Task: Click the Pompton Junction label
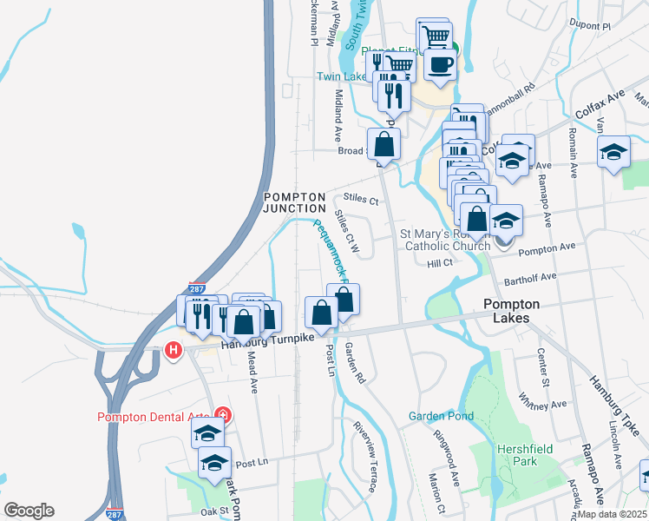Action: click(294, 202)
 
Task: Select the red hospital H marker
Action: click(173, 351)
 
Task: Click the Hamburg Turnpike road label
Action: click(259, 342)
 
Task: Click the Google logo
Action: click(29, 511)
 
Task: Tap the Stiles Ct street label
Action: click(362, 200)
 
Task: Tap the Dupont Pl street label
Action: click(593, 27)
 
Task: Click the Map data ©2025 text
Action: click(611, 514)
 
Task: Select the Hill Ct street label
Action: click(440, 262)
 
